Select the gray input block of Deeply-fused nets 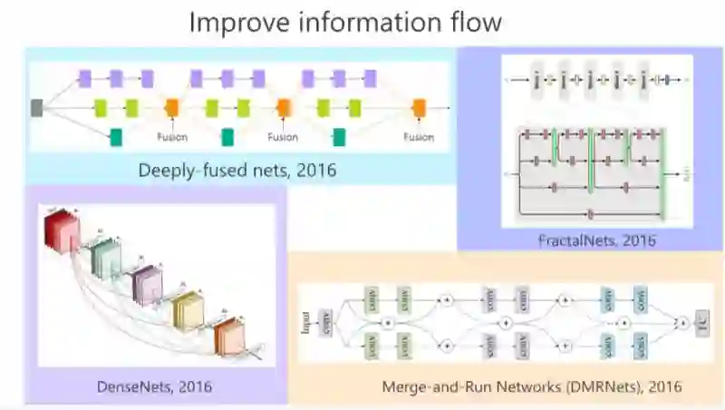(37, 109)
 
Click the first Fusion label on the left (171, 137)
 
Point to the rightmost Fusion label (419, 137)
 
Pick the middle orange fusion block (284, 109)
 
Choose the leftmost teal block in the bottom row (116, 137)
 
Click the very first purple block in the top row (85, 78)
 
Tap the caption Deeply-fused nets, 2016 (237, 170)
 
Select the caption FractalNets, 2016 (595, 240)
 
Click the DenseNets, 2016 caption (154, 386)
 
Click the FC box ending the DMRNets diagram (702, 322)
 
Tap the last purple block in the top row (370, 78)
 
